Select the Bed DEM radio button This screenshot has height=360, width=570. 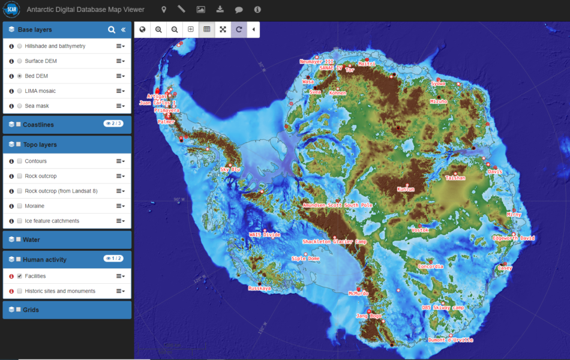(20, 76)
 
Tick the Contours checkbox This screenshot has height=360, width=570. (20, 161)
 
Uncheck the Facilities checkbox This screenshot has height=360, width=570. (20, 277)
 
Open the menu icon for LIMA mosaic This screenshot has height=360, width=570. (120, 91)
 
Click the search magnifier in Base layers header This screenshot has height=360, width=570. (111, 29)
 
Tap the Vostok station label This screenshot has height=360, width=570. (420, 230)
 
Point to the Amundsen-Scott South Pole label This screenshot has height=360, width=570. (337, 205)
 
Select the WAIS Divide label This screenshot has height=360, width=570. (264, 235)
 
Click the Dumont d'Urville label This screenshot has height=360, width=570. (451, 340)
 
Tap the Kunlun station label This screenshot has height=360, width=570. (406, 189)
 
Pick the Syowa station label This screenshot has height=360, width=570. (438, 84)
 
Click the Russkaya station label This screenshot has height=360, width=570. (260, 288)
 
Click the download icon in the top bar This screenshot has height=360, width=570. (220, 10)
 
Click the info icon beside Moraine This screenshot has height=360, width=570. (11, 206)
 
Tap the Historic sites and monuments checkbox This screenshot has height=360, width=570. (20, 292)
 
